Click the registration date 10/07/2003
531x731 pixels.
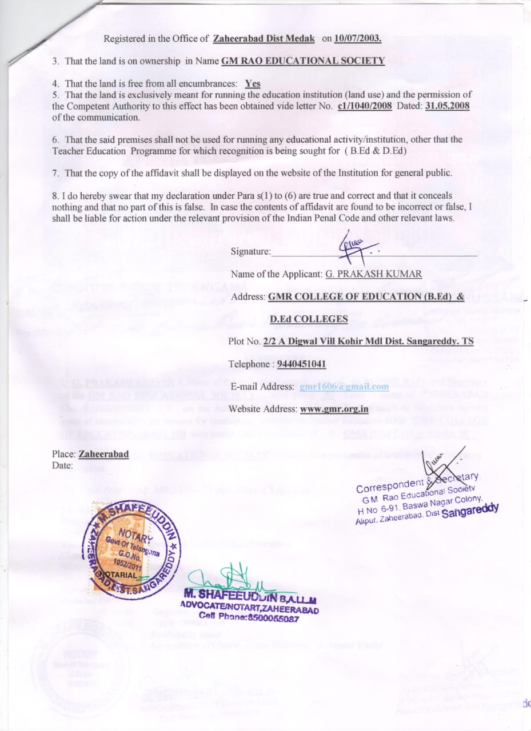(x=359, y=39)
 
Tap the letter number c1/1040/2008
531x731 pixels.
(x=365, y=106)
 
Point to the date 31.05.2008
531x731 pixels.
(x=447, y=106)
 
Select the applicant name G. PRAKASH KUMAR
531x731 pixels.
(x=373, y=274)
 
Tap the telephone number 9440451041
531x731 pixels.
(x=301, y=364)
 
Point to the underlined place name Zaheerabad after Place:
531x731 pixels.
(x=103, y=455)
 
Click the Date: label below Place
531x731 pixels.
(x=62, y=465)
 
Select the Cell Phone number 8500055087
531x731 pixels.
(x=270, y=617)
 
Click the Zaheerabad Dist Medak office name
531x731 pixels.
(x=263, y=39)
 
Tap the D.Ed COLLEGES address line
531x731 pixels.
(x=309, y=319)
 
